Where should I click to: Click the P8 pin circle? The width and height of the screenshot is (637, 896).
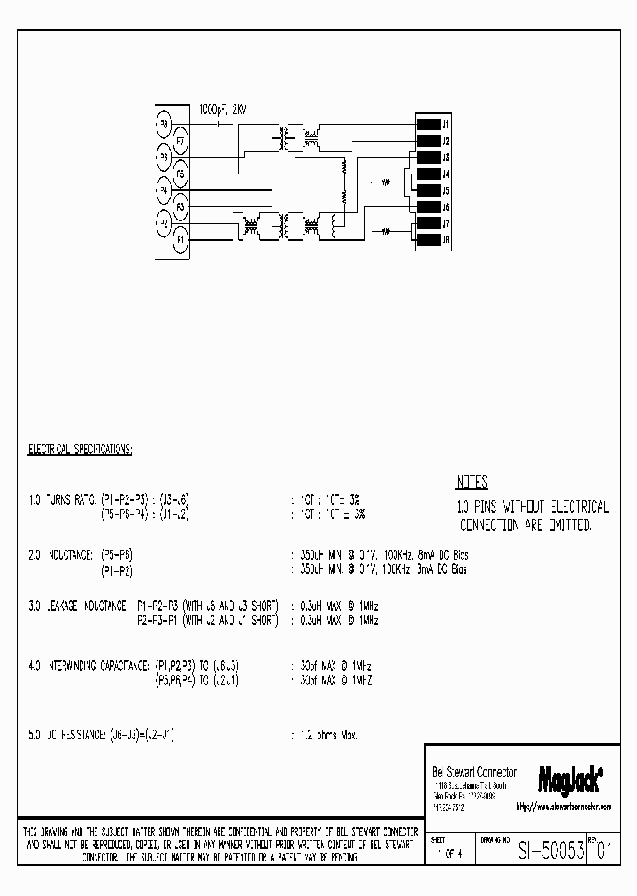tap(164, 124)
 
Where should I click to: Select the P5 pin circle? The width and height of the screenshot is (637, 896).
tap(180, 174)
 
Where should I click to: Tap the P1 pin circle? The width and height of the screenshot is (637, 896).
tap(180, 238)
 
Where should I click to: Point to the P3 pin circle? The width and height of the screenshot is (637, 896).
tap(180, 206)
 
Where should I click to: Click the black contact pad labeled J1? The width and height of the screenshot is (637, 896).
tap(428, 124)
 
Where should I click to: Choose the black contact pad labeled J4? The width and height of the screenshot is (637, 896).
tap(428, 174)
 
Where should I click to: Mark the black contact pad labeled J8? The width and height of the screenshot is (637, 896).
tap(428, 239)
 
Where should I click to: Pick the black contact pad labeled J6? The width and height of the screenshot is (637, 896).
tap(428, 206)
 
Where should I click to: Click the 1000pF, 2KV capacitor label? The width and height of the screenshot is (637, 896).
tap(223, 110)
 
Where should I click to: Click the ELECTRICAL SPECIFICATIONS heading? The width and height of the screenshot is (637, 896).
tap(81, 450)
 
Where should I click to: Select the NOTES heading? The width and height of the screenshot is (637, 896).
tap(472, 483)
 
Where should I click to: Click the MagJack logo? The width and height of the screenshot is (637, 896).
tap(571, 777)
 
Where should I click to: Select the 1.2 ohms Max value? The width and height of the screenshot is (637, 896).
tap(326, 735)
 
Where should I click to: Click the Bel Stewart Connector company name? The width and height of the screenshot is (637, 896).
tap(475, 772)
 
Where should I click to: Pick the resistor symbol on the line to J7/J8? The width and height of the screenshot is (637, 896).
tap(385, 232)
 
